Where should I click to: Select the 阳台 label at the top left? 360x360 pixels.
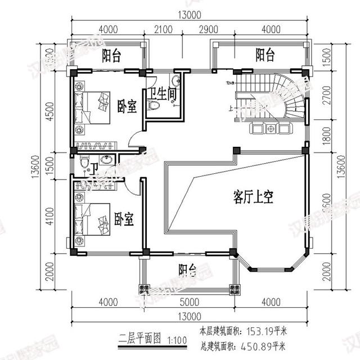112,55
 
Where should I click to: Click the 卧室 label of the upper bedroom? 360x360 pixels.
127,106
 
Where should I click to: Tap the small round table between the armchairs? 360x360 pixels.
271,129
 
